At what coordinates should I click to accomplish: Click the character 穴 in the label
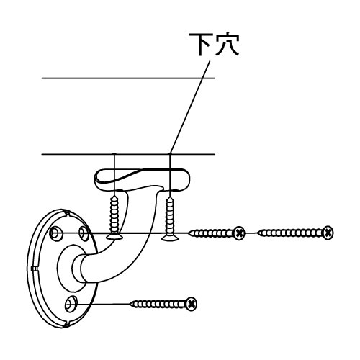[227, 45]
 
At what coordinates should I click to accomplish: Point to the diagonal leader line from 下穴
[190, 107]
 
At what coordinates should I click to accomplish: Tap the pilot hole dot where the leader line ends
[170, 153]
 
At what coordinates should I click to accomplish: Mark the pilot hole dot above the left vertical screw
[114, 153]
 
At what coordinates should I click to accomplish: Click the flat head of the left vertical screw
[114, 237]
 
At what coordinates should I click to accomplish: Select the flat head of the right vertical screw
[170, 238]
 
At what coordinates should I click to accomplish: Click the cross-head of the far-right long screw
[328, 233]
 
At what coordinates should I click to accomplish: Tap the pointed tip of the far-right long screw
[258, 233]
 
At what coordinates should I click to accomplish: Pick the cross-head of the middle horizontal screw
[239, 233]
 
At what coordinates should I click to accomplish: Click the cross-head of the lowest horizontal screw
[192, 304]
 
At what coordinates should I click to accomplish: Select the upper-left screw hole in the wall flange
[55, 233]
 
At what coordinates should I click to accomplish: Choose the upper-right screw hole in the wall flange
[84, 233]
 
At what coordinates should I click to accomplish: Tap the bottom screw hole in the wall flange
[71, 305]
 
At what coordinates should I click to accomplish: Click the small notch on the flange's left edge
[34, 269]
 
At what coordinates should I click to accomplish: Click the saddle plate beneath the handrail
[142, 179]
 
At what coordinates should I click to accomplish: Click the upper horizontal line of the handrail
[128, 78]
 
